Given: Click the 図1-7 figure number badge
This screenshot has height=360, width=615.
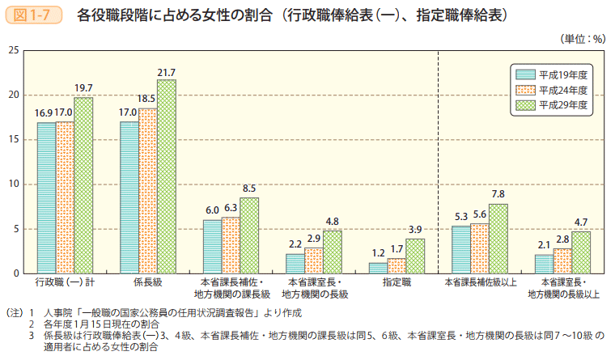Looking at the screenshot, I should pos(34,15).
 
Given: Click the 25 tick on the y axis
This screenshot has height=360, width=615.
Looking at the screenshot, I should pos(14,50).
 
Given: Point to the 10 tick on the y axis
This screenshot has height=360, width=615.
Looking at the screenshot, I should pos(14,184).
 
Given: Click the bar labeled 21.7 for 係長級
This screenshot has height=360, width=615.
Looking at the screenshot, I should pos(167,176).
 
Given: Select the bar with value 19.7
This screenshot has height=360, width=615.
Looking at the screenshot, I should pos(83,185).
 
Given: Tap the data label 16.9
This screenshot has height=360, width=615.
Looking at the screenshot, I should pos(44,112).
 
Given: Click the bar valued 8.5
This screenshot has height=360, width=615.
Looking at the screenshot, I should pos(249,235).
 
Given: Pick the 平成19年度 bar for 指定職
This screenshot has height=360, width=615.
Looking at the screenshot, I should pos(378,268).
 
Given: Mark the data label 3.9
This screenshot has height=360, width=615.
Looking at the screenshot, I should pos(415,229).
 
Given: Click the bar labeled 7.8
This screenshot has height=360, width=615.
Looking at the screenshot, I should pos(498,239).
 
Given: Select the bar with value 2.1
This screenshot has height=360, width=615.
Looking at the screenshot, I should pos(544,264).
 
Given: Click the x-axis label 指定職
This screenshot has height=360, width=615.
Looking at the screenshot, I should pos(397,283).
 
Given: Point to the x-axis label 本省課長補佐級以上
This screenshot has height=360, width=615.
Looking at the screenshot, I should pos(480,283).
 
